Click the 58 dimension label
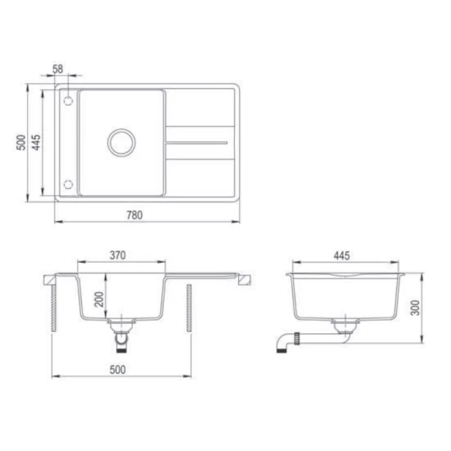58,69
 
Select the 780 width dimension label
135,215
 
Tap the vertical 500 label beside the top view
21,142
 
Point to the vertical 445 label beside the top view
37,142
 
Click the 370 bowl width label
118,256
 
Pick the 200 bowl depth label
99,299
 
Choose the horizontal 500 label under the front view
118,370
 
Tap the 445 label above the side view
341,256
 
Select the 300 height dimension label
415,307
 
